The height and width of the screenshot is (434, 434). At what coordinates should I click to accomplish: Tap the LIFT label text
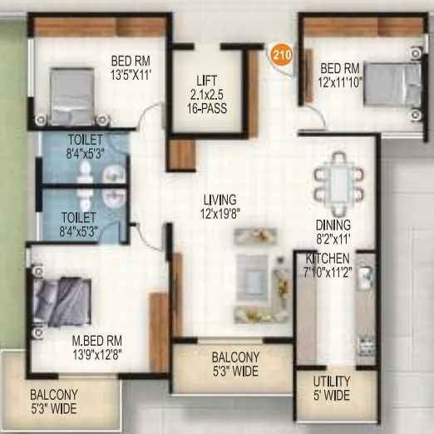(207, 80)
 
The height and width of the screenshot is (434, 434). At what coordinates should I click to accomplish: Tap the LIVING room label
(219, 200)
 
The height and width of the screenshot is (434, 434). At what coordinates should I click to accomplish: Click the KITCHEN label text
(328, 259)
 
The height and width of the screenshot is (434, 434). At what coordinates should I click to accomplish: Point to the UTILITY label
(332, 381)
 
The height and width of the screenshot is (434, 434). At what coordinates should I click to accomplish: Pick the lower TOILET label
(78, 218)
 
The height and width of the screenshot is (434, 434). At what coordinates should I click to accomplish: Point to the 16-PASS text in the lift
(207, 108)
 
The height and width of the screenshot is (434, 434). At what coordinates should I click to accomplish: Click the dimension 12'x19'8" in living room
(219, 213)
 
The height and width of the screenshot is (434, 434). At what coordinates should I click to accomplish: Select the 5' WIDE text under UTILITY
(332, 395)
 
